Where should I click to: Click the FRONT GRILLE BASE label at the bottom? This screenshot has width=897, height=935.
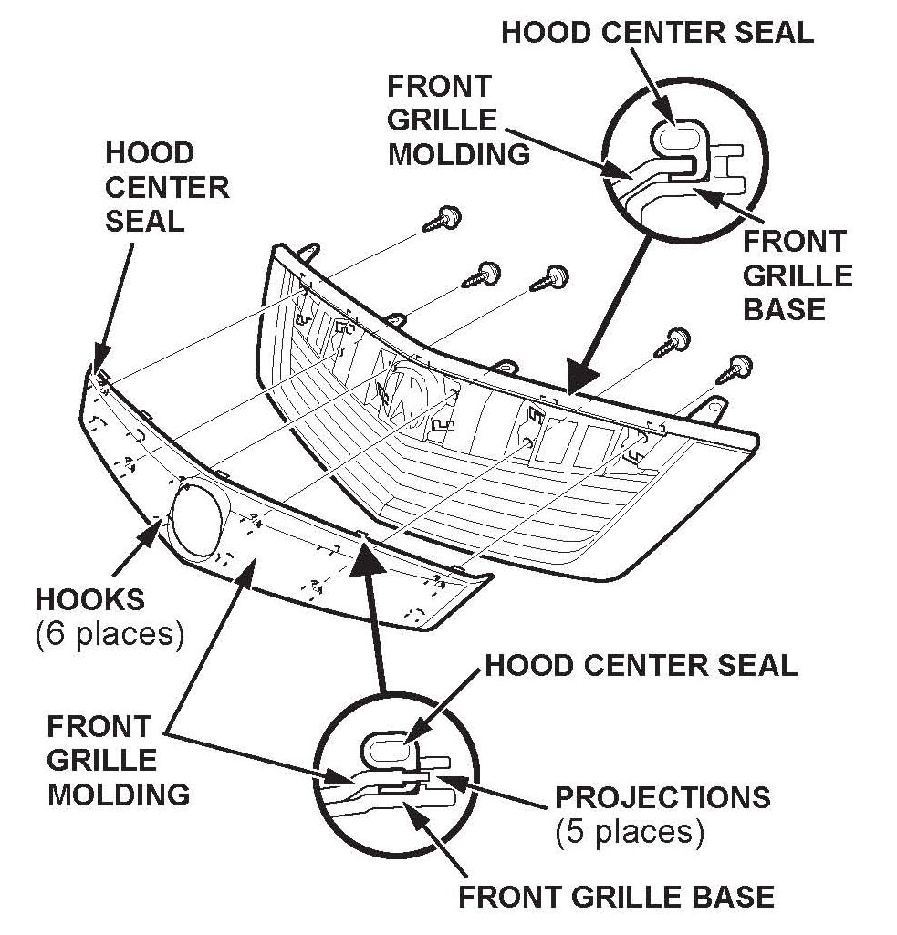pos(615,896)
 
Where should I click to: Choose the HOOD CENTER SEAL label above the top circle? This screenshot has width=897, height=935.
pos(657,33)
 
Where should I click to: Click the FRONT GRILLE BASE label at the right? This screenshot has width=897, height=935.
pos(797,275)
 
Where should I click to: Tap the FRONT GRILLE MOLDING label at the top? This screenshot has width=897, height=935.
pos(458,120)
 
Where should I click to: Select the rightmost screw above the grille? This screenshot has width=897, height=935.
pos(736,369)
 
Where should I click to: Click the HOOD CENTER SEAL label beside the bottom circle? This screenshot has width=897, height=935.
pos(641,664)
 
